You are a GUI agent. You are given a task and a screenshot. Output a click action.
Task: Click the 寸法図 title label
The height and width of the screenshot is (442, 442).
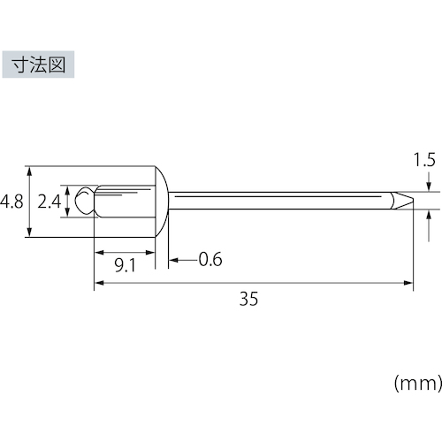click(x=38, y=65)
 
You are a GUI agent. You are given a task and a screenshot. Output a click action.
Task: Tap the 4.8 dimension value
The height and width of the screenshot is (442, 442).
click(x=11, y=202)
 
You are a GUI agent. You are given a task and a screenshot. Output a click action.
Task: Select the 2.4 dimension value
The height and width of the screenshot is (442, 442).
click(x=50, y=202)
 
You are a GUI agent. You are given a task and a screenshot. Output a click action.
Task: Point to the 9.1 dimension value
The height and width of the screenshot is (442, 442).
click(x=126, y=265)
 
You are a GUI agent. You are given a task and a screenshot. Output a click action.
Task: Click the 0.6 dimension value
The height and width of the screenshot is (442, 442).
click(x=210, y=259)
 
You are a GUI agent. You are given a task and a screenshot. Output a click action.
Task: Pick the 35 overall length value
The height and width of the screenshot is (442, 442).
click(x=248, y=299)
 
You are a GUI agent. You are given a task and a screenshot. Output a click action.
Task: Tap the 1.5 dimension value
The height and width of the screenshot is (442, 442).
click(x=424, y=160)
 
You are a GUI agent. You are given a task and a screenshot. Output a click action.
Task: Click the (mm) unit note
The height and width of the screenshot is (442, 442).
click(x=418, y=384)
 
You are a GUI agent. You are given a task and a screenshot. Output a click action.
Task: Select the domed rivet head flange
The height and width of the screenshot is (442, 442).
click(x=162, y=202)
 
